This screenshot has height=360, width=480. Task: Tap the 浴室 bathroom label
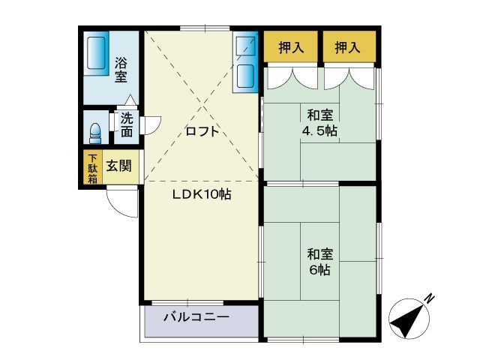(x=121, y=70)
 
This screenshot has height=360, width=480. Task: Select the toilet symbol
(x=94, y=133)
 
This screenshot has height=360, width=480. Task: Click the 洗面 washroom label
(x=127, y=124)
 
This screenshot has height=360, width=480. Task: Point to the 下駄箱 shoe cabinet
(x=92, y=169)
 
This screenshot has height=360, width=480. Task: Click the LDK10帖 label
(x=202, y=194)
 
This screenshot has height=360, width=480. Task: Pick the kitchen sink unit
(x=245, y=64)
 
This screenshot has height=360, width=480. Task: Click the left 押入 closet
(x=291, y=48)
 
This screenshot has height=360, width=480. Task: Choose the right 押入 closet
(x=346, y=48)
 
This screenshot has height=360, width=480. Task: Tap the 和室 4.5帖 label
(x=320, y=122)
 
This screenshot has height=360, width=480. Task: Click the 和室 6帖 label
(x=319, y=261)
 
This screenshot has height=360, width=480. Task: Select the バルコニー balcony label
(x=196, y=317)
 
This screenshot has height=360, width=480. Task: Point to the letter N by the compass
(x=429, y=298)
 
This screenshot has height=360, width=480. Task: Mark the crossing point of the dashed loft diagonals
(x=201, y=106)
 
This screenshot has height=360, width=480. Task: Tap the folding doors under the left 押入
(x=291, y=76)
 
